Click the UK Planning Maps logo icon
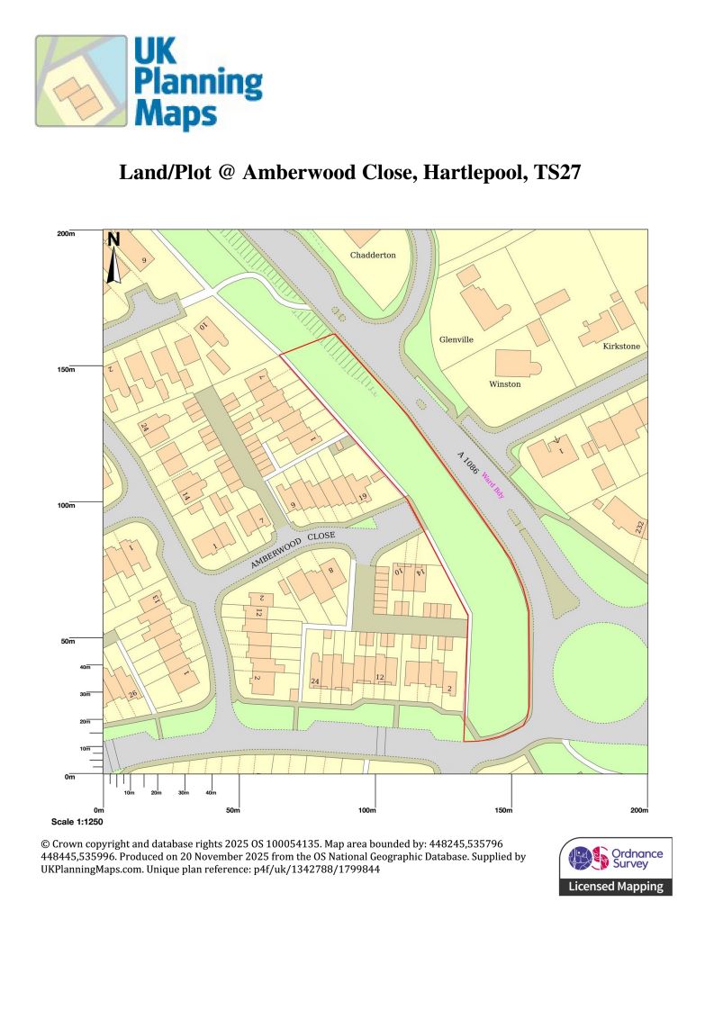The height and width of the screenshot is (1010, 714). (81, 80)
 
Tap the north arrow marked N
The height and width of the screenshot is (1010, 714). (113, 257)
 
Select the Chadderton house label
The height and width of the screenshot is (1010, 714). (373, 255)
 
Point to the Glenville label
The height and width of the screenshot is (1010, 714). (456, 339)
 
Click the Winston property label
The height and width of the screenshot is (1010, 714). (504, 383)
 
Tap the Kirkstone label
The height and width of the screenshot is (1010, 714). (620, 346)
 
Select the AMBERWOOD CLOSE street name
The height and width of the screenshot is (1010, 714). (293, 548)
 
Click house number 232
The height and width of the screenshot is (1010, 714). (639, 528)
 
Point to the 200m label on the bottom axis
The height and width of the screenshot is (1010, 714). (637, 810)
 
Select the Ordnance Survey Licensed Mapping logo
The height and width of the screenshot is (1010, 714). (616, 866)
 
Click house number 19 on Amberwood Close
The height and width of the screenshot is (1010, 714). (363, 497)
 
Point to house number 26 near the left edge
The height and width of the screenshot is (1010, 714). (132, 694)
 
